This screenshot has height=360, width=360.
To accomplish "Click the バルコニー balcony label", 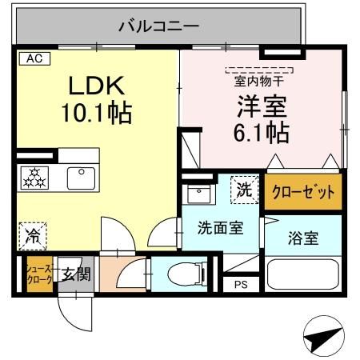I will pyautogui.click(x=158, y=26).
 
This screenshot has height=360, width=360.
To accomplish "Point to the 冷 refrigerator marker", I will pyautogui.click(x=30, y=234).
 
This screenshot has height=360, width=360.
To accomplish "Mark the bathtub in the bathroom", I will pyautogui.click(x=302, y=275).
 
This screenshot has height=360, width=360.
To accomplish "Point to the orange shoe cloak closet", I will pyautogui.click(x=39, y=274).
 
